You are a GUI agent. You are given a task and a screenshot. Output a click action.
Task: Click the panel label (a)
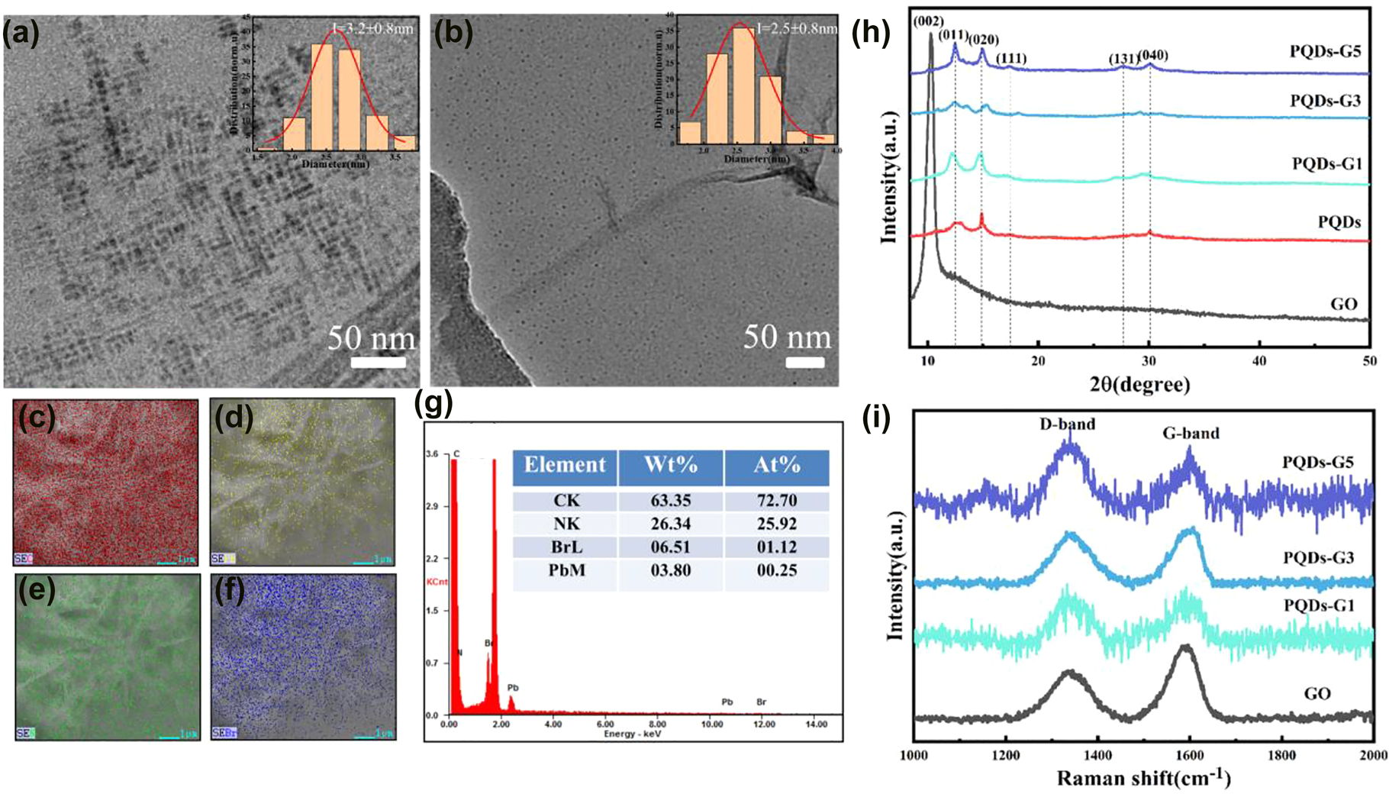(21, 35)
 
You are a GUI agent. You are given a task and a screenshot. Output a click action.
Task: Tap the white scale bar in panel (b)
(805, 363)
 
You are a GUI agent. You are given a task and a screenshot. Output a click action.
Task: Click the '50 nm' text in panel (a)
(372, 338)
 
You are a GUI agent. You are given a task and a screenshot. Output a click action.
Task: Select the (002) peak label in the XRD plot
(928, 21)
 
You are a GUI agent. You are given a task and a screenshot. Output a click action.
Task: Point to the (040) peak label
(1153, 55)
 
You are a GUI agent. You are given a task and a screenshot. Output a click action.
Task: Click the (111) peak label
(1011, 58)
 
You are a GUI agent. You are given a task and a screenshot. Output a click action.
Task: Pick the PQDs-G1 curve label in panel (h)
(1326, 163)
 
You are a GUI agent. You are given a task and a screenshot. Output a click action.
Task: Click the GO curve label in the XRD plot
(1344, 304)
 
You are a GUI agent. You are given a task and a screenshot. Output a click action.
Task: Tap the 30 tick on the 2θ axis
(1149, 361)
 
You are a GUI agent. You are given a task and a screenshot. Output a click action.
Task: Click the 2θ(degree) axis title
(1139, 384)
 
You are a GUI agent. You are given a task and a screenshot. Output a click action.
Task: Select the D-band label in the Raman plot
(1067, 424)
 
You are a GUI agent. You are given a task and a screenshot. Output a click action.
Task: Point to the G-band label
(1191, 434)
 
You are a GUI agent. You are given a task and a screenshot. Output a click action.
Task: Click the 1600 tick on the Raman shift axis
(1189, 755)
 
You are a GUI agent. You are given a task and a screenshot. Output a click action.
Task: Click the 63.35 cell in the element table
(670, 501)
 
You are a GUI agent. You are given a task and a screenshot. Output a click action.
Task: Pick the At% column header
(776, 465)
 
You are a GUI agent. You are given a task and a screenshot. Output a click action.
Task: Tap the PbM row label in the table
(566, 570)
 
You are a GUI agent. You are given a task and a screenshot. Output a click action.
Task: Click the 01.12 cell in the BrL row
(776, 547)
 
